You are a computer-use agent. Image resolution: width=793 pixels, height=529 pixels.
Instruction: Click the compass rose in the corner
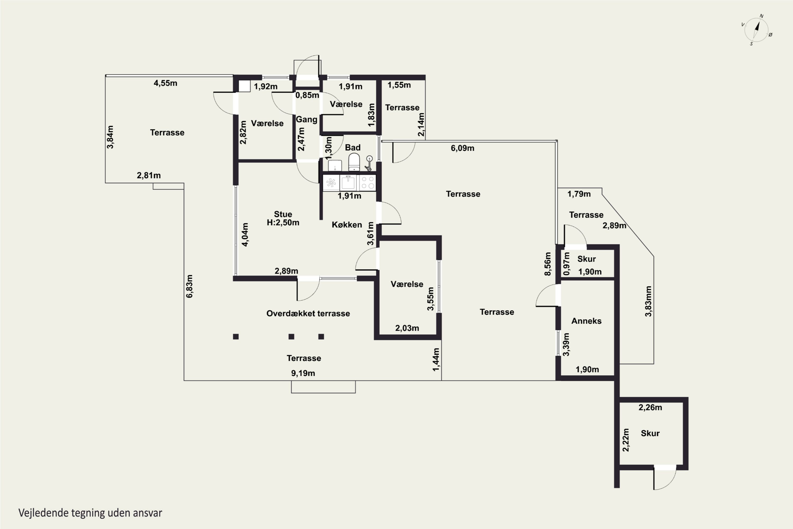tap(757, 30)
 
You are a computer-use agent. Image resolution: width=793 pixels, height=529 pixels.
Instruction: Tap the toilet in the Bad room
tap(354, 162)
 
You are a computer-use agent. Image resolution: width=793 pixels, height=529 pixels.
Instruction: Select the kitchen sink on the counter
tap(348, 183)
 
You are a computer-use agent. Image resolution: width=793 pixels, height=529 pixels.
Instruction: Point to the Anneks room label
tap(586, 321)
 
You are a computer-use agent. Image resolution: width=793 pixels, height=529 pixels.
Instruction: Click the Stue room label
tap(283, 214)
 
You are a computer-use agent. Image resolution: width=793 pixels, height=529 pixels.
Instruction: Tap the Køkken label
tap(347, 225)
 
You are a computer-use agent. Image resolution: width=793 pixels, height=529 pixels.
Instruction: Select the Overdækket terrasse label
tap(308, 313)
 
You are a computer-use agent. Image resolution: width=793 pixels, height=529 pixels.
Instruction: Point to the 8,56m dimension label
tap(548, 264)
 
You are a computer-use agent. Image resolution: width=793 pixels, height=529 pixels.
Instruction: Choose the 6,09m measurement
tap(463, 148)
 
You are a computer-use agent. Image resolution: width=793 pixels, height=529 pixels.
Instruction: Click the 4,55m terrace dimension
tap(165, 83)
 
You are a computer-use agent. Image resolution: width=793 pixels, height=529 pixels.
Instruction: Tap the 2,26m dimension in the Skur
tap(650, 408)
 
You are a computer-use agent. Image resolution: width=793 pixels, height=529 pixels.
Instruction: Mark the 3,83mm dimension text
tap(648, 301)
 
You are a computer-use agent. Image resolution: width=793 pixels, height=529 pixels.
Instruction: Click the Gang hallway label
tap(306, 120)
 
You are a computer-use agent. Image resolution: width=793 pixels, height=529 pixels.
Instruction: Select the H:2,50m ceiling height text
tap(283, 223)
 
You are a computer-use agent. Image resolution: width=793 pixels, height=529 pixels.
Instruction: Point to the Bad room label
tap(353, 147)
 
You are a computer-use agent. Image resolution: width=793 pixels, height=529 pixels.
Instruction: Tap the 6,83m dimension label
tap(190, 286)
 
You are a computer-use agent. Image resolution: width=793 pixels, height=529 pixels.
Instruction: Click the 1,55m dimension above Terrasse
tap(399, 85)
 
